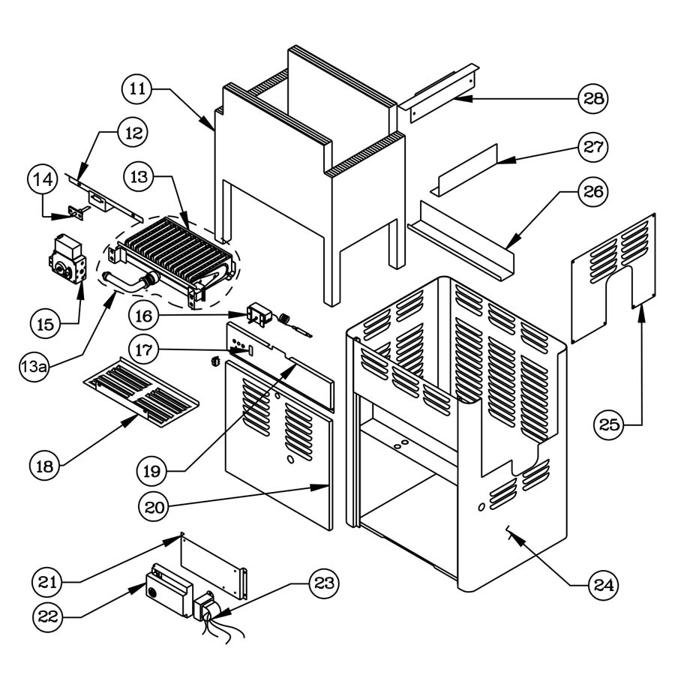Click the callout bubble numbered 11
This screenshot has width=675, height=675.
click(136, 89)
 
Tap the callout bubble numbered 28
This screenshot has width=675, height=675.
click(592, 98)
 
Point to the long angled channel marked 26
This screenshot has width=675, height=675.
click(465, 236)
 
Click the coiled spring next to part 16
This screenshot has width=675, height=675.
click(285, 319)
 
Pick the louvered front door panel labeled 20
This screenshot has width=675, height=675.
click(277, 450)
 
